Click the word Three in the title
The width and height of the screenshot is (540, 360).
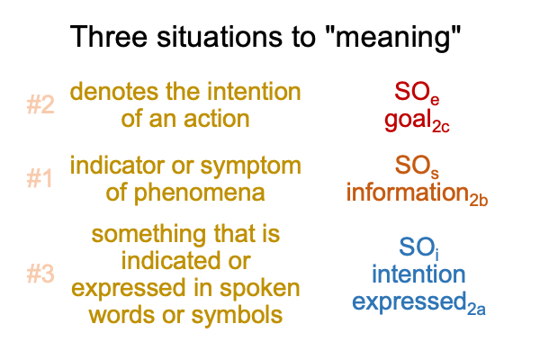pyautogui.click(x=109, y=36)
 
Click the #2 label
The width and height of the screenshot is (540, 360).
pyautogui.click(x=40, y=104)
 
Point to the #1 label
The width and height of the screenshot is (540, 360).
pyautogui.click(x=40, y=178)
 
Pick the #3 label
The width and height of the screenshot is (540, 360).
pyautogui.click(x=40, y=274)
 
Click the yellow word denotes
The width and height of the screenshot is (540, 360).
pyautogui.click(x=115, y=92)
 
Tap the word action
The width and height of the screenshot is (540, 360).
pyautogui.click(x=217, y=119)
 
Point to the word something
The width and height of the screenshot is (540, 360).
pyautogui.click(x=149, y=235)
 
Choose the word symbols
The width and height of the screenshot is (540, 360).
pyautogui.click(x=237, y=315)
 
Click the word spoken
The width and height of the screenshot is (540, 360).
pyautogui.click(x=260, y=290)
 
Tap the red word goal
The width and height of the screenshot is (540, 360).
pyautogui.click(x=408, y=121)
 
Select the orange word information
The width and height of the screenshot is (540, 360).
pyautogui.click(x=408, y=193)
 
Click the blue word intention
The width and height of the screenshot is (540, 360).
pyautogui.click(x=418, y=274)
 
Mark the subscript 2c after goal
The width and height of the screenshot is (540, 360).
pyautogui.click(x=441, y=127)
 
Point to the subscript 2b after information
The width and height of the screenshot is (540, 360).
pyautogui.click(x=479, y=200)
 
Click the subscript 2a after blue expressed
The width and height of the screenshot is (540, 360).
pyautogui.click(x=477, y=309)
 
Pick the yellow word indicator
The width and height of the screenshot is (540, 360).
pyautogui.click(x=117, y=165)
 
